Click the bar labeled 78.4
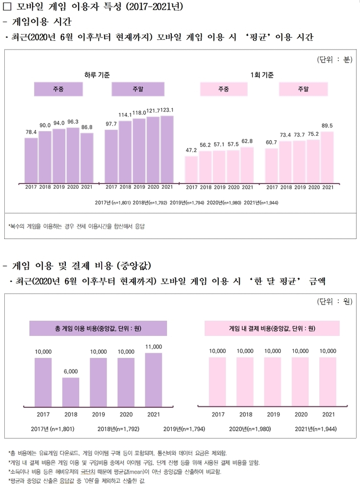[x=31, y=160]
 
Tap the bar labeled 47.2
[x=191, y=169]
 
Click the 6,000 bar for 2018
[x=71, y=392]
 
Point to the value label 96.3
[x=73, y=122]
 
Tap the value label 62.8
[x=247, y=141]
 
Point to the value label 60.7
[x=271, y=142]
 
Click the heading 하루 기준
[x=97, y=75]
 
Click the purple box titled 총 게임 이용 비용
[x=98, y=329]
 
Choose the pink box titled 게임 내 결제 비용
[x=272, y=329]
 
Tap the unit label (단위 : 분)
[x=335, y=60]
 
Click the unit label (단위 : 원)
[x=335, y=302]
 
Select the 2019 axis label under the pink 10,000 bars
[x=273, y=415]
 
